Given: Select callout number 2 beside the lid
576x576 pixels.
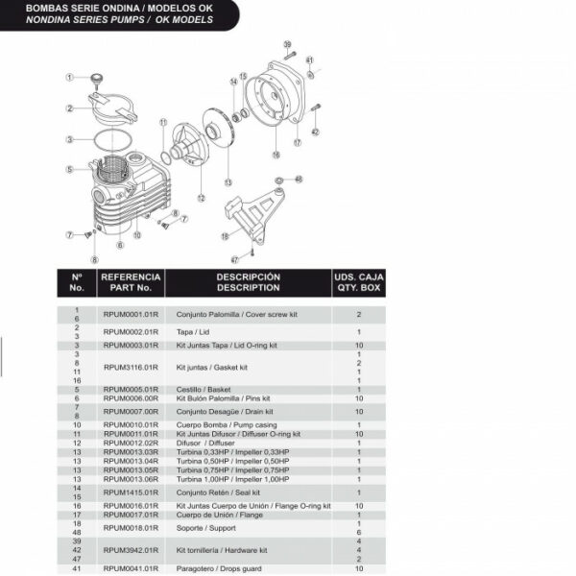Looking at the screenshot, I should tap(70, 108).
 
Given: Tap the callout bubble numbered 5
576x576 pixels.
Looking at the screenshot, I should tap(70, 169).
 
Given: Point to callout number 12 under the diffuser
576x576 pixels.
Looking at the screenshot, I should tap(201, 198).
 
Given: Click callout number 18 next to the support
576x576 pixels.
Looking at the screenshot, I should tap(225, 236).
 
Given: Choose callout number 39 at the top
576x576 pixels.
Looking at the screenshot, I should tap(287, 44).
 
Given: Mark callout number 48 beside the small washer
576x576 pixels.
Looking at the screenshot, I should tap(298, 180).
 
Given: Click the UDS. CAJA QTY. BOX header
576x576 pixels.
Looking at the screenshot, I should tap(358, 281).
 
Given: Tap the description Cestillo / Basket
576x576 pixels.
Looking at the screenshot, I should tap(200, 390).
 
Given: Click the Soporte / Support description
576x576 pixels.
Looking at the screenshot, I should tap(203, 527).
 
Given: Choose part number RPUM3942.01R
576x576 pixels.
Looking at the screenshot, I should tap(131, 551).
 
